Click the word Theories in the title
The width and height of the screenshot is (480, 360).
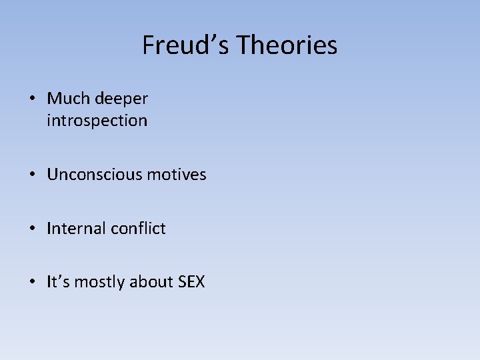[x=287, y=45]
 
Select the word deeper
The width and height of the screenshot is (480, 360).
[x=121, y=99]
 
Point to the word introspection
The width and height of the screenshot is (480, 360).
[x=97, y=121]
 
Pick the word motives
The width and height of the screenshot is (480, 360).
[x=177, y=175]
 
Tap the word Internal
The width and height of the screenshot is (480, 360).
[x=74, y=228]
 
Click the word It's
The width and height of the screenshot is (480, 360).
[x=58, y=282]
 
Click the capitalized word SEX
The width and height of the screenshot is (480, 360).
[x=191, y=282]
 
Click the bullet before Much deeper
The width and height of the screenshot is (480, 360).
[x=32, y=99]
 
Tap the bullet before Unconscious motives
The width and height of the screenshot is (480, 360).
[x=32, y=175]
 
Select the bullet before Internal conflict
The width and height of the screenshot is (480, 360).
[x=32, y=229]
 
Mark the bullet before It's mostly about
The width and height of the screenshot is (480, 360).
[x=32, y=283]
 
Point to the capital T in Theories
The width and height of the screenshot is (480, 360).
[x=244, y=45]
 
